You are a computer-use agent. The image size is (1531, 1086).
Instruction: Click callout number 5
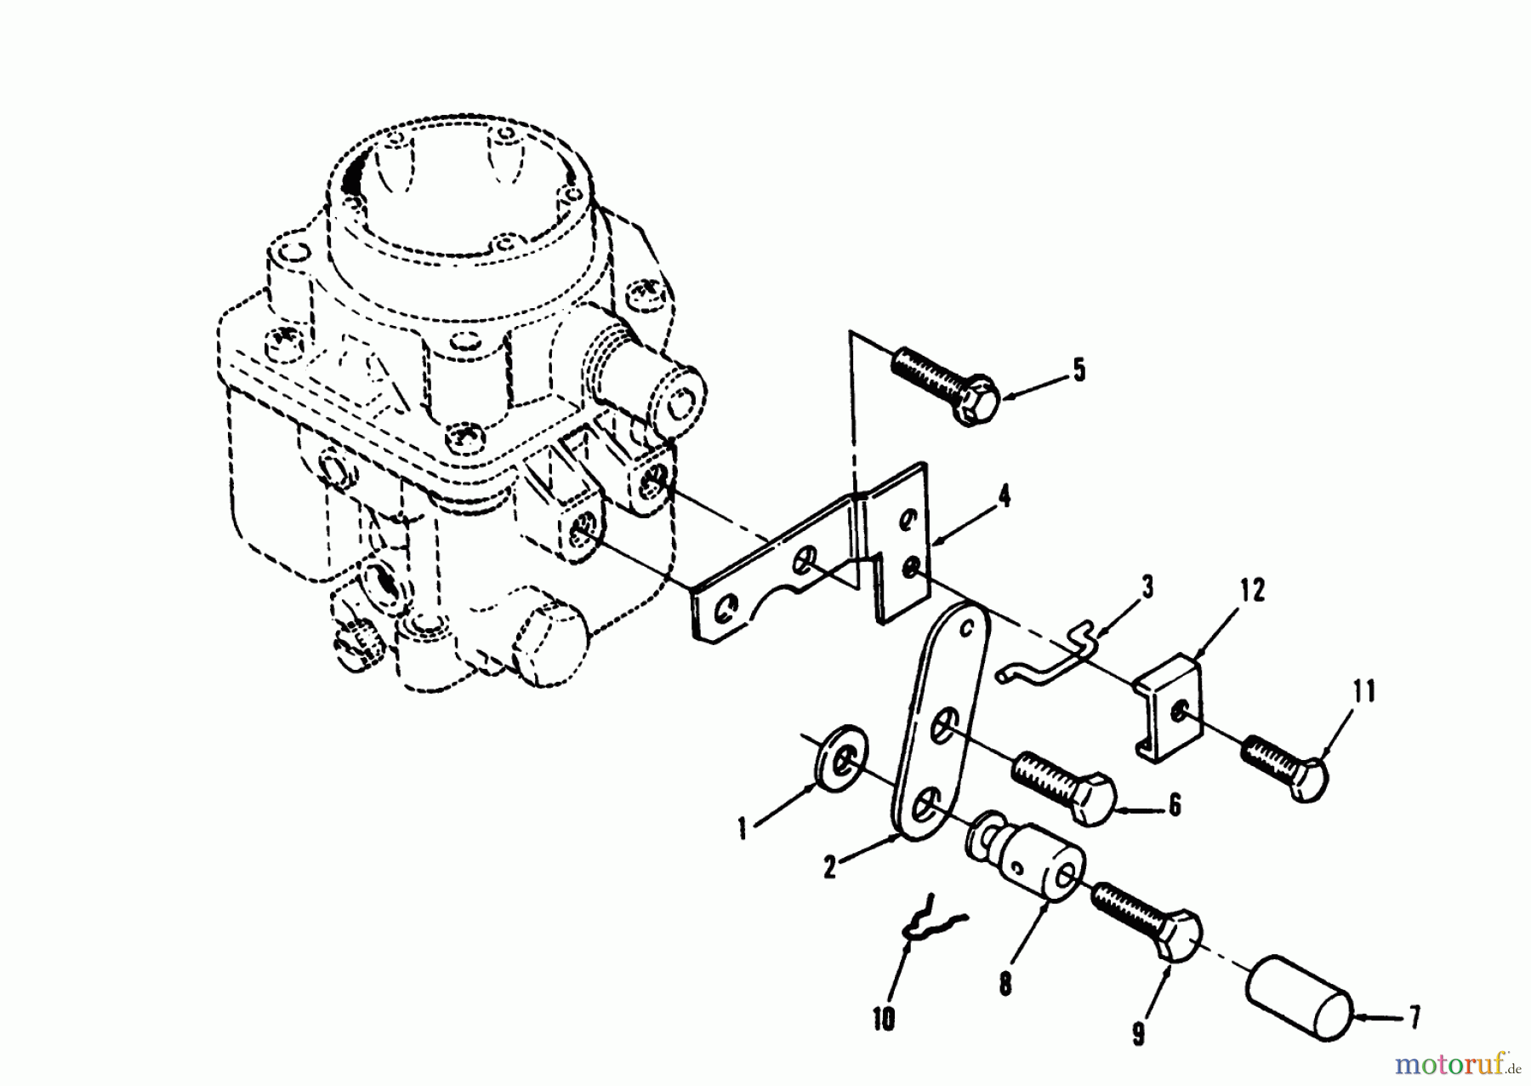pos(1078,371)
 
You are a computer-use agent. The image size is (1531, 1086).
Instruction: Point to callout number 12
pos(1252,590)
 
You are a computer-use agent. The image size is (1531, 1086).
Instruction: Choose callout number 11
pos(1363,691)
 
